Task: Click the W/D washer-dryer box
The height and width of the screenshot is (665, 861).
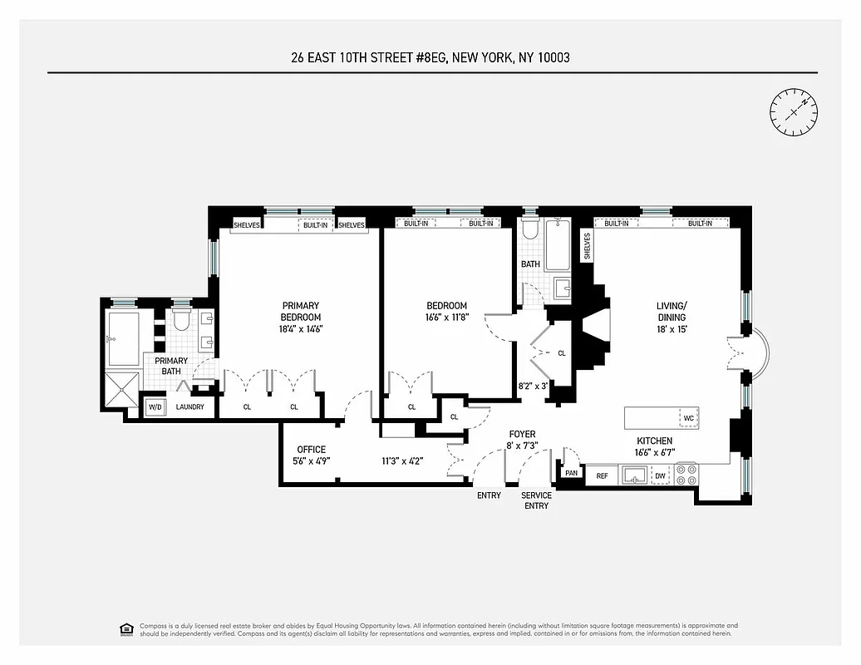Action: pos(155,407)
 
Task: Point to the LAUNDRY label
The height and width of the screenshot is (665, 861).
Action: pos(189,407)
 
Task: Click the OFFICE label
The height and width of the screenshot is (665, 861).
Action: pos(312,450)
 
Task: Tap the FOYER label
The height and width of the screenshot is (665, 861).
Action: pos(522,434)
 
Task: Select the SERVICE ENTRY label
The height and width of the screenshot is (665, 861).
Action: pos(536,500)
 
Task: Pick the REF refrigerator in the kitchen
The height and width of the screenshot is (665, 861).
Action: pos(603,476)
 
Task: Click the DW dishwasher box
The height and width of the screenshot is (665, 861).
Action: pos(660,476)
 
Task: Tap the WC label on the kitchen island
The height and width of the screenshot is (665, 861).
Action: pos(687,418)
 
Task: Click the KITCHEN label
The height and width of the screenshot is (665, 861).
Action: pos(654,441)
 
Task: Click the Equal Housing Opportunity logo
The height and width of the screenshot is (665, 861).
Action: pos(126,629)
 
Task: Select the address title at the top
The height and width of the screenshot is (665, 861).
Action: pos(430,57)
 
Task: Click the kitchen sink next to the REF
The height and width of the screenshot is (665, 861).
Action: pos(633,475)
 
